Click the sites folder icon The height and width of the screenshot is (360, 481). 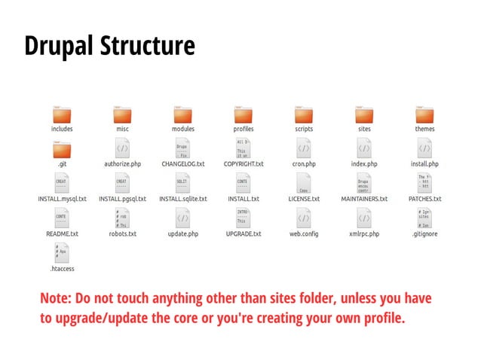pos(364,114)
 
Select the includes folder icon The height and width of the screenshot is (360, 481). pos(62,114)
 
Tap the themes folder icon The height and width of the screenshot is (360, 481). pos(424,114)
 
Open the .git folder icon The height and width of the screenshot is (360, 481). pos(62,148)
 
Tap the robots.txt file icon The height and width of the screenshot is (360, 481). pos(122,218)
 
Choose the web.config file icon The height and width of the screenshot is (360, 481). pos(304,218)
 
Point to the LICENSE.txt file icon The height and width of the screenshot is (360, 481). pos(304,183)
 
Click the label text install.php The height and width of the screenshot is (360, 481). pos(424,163)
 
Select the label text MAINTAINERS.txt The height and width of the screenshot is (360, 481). pos(364,199)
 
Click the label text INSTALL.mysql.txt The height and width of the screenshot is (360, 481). pos(62,199)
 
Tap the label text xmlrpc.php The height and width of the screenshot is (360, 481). pos(364,234)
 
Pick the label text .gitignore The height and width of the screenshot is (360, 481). pos(424,234)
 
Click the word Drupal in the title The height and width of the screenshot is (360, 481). pos(57,47)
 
